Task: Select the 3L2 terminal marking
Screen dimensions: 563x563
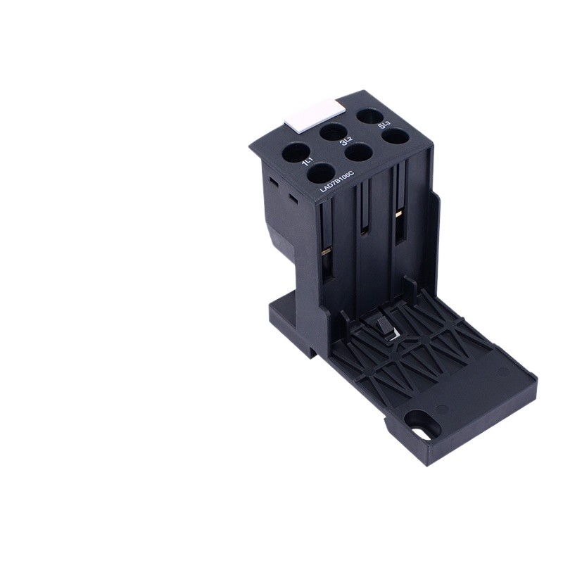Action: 346,145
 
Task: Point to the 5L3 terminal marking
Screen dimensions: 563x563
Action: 384,125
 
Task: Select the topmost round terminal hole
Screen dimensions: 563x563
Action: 369,115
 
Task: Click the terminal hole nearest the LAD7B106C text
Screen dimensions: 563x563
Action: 321,172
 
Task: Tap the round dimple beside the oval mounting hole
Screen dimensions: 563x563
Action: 442,408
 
